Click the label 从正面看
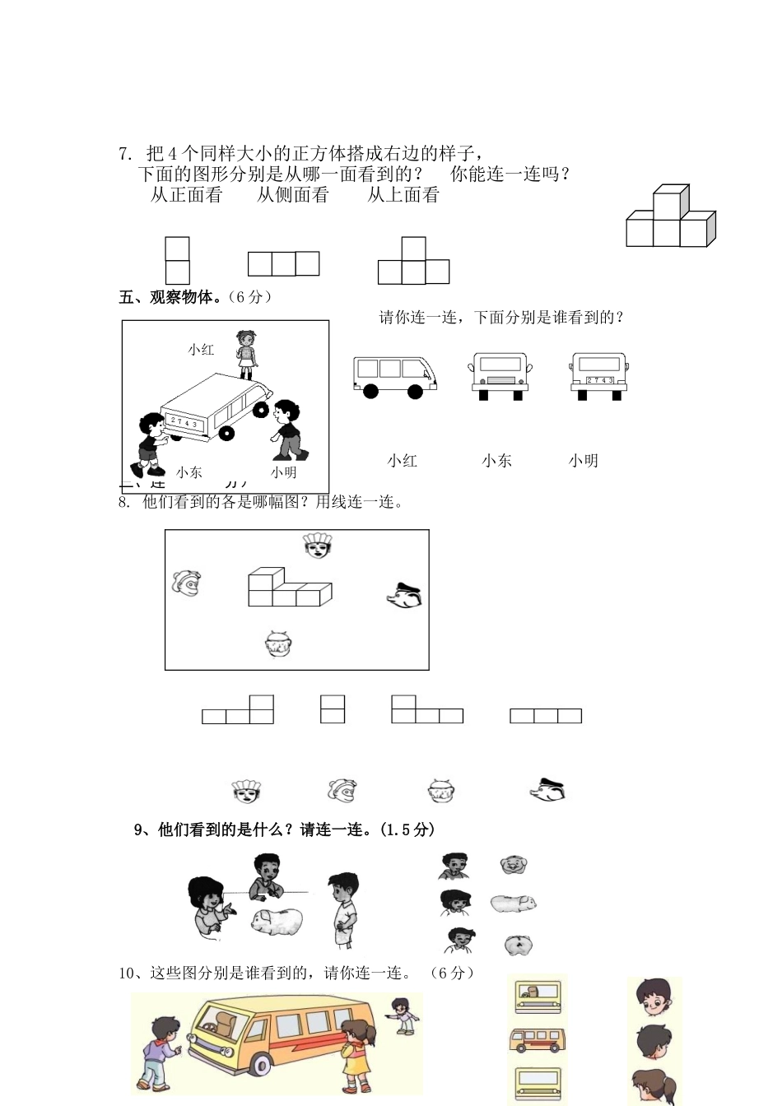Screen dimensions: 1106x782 tap(187, 195)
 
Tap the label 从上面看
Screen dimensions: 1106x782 tap(403, 195)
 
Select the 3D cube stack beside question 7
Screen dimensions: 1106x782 tap(670, 217)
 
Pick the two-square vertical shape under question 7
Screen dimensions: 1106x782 tap(177, 260)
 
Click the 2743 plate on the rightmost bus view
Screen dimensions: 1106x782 tap(599, 380)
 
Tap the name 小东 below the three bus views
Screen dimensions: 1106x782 tap(496, 461)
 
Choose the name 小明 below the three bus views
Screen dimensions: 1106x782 tap(583, 461)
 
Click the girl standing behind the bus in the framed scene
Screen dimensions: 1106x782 tap(245, 354)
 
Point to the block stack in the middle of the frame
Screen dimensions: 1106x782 tap(289, 588)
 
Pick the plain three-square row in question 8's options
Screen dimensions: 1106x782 tap(546, 716)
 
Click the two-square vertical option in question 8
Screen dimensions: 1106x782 tap(333, 709)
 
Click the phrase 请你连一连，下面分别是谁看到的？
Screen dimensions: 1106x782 tap(500, 318)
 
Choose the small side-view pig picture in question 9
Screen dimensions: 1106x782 tap(514, 904)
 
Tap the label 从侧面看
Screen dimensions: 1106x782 tap(293, 195)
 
